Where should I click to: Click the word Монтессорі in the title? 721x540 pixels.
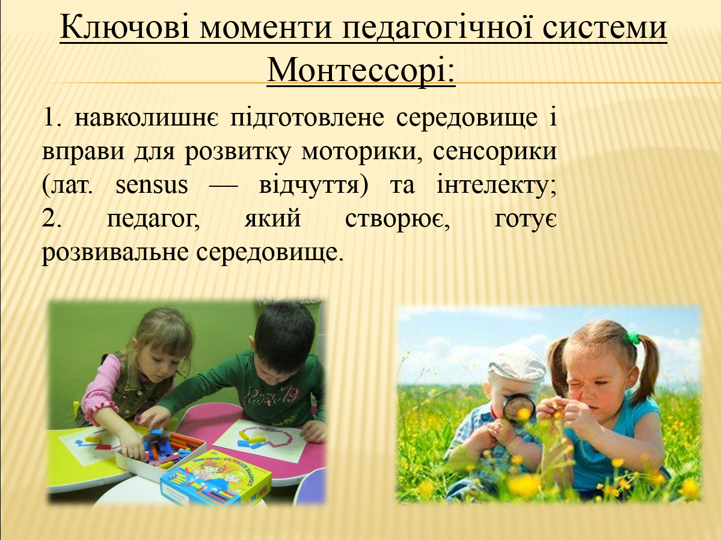tap(361, 70)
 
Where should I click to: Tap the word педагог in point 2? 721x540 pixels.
tap(153, 219)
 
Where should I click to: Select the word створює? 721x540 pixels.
tap(394, 219)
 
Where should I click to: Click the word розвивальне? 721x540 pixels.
tap(114, 252)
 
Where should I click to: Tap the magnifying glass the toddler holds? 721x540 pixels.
tap(518, 407)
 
